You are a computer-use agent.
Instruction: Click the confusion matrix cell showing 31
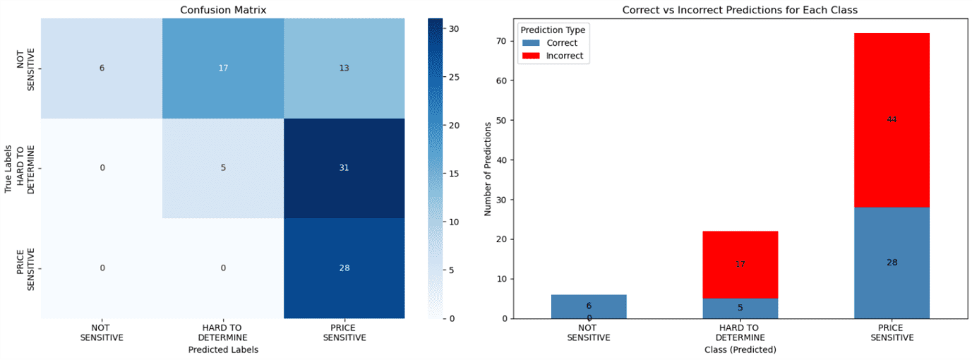(344, 169)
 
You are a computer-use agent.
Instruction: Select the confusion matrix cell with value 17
(223, 68)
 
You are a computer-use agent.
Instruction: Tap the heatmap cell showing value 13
(344, 68)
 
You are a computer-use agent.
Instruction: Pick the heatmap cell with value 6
(102, 68)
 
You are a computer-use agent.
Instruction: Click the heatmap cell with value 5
(223, 169)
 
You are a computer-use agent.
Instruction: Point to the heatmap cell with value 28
(344, 268)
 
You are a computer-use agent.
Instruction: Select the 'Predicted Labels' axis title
(223, 349)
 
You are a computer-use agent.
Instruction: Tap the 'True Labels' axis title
(8, 169)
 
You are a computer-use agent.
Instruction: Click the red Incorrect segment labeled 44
(892, 120)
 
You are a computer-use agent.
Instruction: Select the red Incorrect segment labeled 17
(740, 265)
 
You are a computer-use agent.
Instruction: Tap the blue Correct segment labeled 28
(892, 263)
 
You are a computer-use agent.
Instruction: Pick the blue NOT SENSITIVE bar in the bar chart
(589, 306)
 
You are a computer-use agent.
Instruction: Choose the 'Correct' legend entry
(562, 43)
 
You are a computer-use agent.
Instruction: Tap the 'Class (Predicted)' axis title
(740, 349)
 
